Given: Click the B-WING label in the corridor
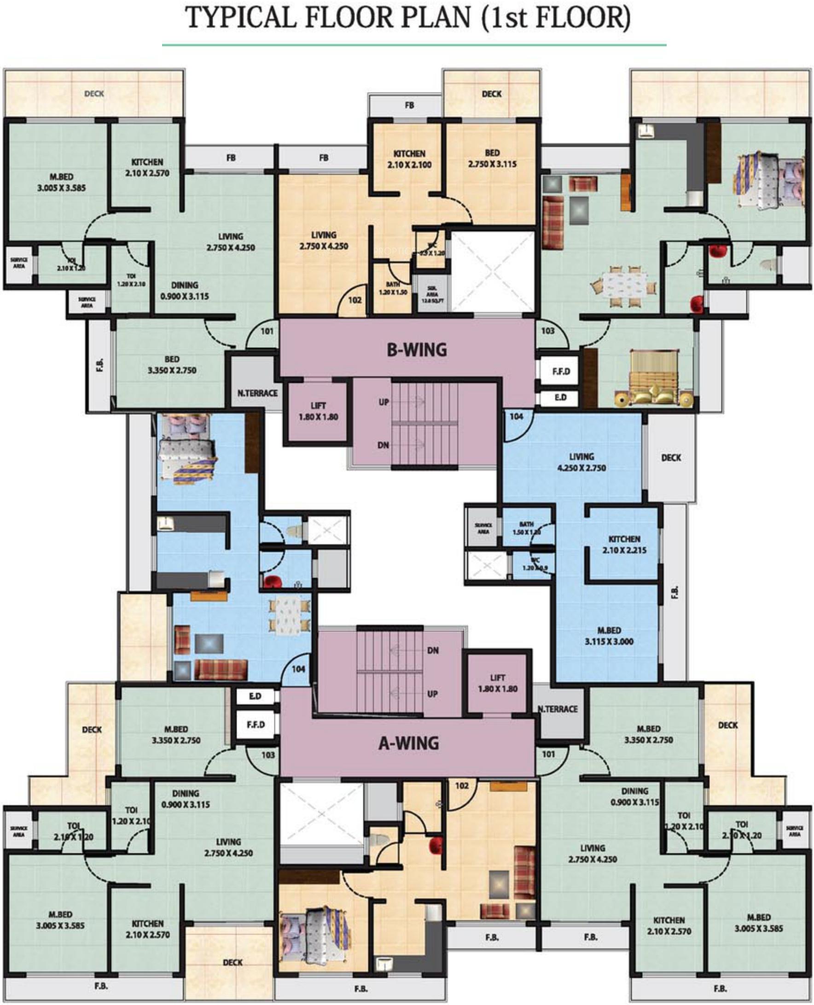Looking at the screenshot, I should pyautogui.click(x=416, y=350).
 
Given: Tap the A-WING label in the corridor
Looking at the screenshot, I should pyautogui.click(x=408, y=743).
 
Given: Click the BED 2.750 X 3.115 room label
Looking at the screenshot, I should pyautogui.click(x=492, y=158).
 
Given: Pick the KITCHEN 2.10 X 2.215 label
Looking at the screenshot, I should pyautogui.click(x=624, y=544).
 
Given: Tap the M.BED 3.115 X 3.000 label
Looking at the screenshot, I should pyautogui.click(x=609, y=636).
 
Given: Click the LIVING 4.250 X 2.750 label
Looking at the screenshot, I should pyautogui.click(x=581, y=462).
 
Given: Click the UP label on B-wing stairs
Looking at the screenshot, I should pyautogui.click(x=384, y=402).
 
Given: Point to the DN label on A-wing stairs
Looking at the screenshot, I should pyautogui.click(x=433, y=650).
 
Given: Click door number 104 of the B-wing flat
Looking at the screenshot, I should pyautogui.click(x=516, y=416).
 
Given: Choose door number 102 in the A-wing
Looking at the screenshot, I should pyautogui.click(x=462, y=785).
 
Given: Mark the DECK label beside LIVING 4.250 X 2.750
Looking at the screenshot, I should pyautogui.click(x=670, y=458).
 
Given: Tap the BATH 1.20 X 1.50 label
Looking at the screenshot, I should pyautogui.click(x=393, y=288).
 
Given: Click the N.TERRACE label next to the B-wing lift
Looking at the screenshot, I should pyautogui.click(x=257, y=393).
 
